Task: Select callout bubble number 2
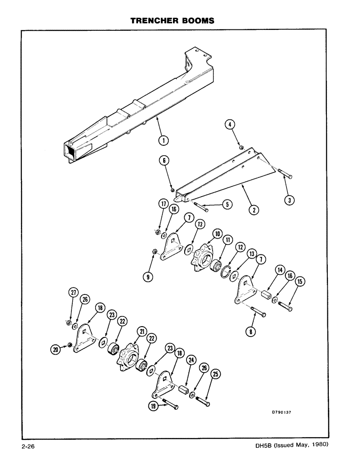click(x=254, y=210)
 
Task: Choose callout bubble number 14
click(x=280, y=282)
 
